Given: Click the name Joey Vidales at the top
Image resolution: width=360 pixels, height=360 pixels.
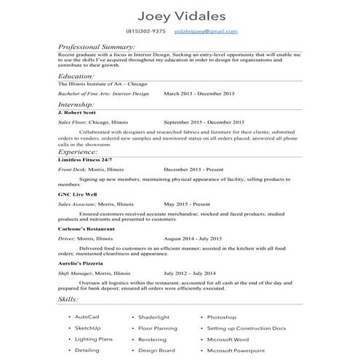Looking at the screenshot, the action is coord(180,15).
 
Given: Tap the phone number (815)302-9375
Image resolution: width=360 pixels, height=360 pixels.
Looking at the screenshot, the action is coord(145,32).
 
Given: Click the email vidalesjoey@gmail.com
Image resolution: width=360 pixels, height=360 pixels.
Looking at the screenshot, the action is coord(206,32).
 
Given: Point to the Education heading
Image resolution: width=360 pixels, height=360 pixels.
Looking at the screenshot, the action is coord(76,76).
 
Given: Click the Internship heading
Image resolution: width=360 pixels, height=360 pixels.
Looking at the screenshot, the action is coord(76,105).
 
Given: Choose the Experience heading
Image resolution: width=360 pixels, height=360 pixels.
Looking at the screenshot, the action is coord(79,152).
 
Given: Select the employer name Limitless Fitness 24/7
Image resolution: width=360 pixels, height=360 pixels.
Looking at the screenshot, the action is coord(84,159).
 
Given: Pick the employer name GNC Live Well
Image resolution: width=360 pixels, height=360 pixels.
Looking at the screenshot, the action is coord(76,195).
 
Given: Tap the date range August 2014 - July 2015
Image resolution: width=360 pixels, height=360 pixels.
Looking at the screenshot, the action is coord(193,238).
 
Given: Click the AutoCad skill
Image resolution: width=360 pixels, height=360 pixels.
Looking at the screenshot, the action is coord(87,318).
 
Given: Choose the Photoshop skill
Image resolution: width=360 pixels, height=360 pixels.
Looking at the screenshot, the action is coord(221,318).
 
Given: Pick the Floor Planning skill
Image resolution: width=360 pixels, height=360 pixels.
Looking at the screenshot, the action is coord(157,329).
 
